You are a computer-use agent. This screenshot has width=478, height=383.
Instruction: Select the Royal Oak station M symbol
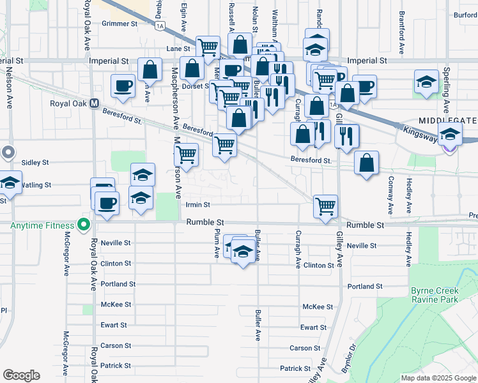pyautogui.click(x=94, y=103)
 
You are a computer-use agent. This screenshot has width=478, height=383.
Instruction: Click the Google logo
pyautogui.click(x=21, y=375)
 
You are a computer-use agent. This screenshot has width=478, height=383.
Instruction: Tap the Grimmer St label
pyautogui.click(x=120, y=24)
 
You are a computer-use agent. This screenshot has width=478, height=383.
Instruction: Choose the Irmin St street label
pyautogui.click(x=197, y=205)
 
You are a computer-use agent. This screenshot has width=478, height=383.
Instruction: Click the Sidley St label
pyautogui.click(x=35, y=163)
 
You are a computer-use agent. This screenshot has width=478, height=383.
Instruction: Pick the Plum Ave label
pyautogui.click(x=217, y=245)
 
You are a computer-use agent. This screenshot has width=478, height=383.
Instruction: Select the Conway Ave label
pyautogui.click(x=389, y=195)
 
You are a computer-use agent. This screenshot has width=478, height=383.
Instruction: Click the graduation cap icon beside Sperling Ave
pyautogui.click(x=426, y=82)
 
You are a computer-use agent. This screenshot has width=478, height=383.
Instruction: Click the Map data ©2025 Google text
pyautogui.click(x=438, y=378)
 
